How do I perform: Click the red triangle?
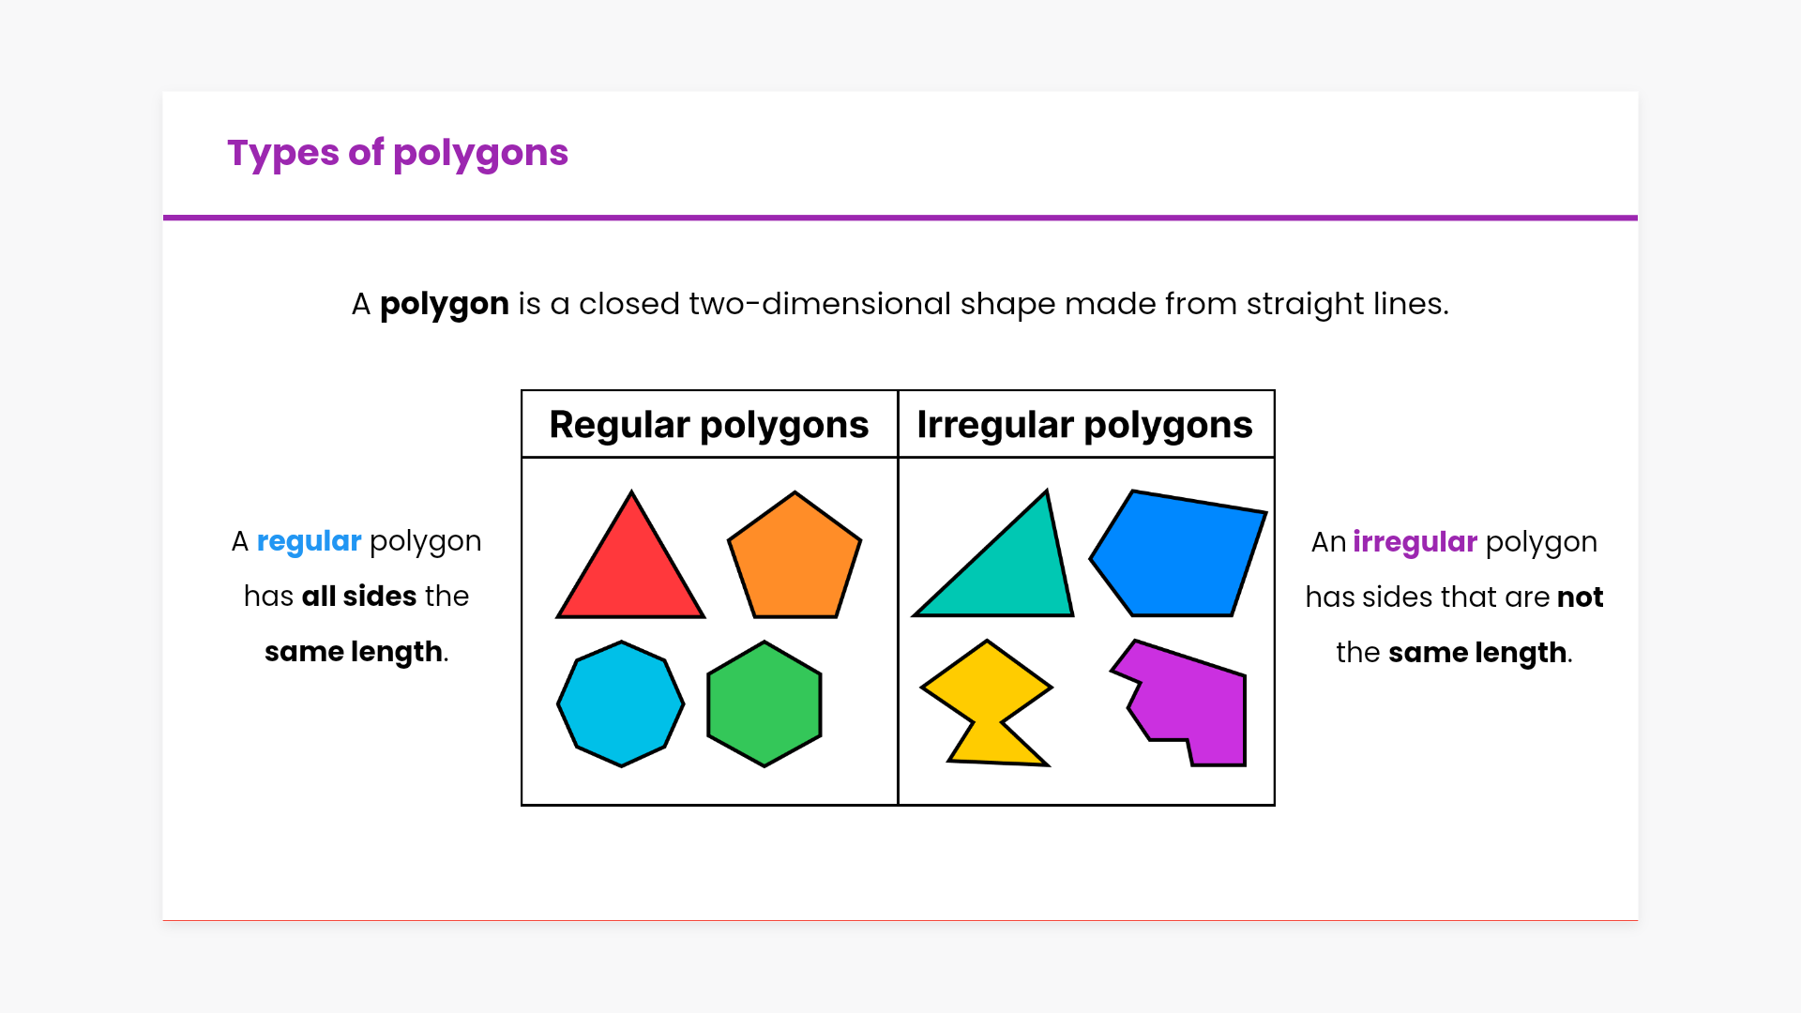coord(630,572)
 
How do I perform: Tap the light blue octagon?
coord(621,703)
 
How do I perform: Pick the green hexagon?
coord(764,703)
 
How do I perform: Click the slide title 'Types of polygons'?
coord(398,153)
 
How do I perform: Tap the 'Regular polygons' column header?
coord(709,425)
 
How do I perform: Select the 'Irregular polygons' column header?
coord(1084,425)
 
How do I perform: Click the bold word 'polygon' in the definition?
coord(445,305)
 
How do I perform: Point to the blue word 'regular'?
coord(309,542)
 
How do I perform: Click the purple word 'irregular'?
coord(1415,542)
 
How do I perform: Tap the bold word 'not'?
coord(1581,597)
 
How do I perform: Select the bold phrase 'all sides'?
coord(359,597)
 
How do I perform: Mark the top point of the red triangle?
coord(631,491)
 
